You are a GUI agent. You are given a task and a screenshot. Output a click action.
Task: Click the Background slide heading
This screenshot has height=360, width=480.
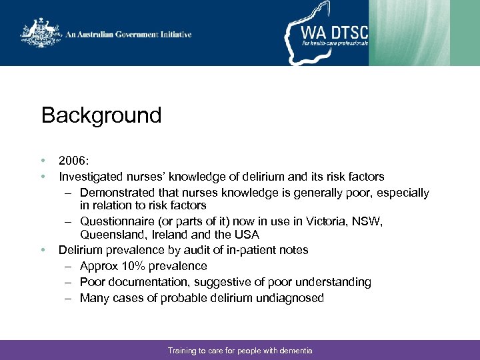tap(101, 116)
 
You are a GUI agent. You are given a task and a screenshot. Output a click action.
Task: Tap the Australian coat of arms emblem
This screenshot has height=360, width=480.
tap(41, 33)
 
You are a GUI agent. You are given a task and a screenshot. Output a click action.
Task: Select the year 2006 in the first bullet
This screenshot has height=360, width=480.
tap(72, 161)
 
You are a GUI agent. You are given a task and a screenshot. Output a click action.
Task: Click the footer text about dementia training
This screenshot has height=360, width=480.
tap(240, 351)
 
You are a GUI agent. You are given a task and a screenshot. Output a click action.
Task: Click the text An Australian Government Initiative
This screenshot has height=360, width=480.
tap(129, 35)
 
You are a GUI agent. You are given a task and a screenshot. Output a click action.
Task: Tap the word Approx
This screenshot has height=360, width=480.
tap(98, 266)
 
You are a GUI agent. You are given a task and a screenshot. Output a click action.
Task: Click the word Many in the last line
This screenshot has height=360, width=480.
tap(94, 298)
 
